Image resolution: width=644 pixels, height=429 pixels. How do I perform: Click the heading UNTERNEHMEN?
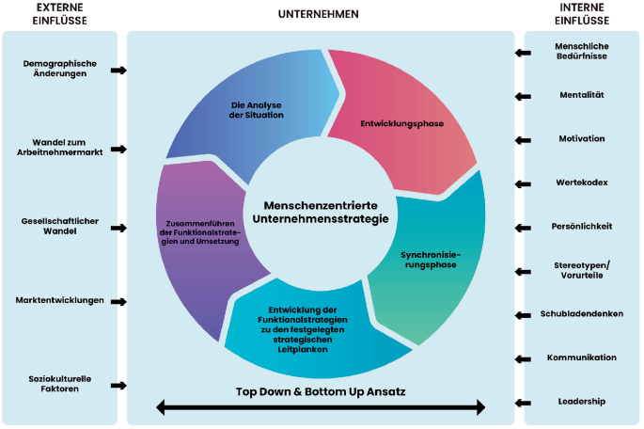319,14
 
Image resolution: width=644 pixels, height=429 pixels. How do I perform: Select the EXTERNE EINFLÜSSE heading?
58,13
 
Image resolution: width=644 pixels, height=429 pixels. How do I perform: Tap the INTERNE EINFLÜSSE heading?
582,13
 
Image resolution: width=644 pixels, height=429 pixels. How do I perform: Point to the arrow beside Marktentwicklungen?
118,302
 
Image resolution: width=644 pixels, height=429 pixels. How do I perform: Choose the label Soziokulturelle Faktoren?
58,383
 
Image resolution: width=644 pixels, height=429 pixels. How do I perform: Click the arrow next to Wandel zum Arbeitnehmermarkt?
118,150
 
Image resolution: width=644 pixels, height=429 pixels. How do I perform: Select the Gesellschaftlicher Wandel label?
59,226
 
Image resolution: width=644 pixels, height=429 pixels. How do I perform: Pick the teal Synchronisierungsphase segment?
429,260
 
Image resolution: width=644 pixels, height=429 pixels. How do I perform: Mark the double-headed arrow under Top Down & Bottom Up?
321,407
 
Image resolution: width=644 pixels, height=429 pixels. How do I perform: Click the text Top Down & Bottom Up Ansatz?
321,389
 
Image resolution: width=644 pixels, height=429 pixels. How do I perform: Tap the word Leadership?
581,402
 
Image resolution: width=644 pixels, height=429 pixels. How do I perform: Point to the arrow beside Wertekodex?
522,183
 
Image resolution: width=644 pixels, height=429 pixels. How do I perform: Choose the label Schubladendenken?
581,313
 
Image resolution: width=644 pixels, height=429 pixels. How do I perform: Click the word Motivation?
582,138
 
